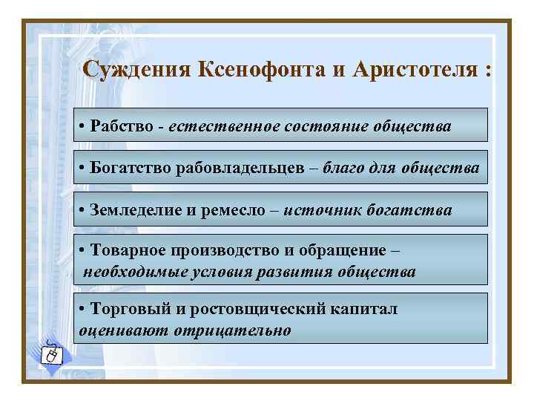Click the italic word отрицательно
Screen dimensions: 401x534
click(233, 329)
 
